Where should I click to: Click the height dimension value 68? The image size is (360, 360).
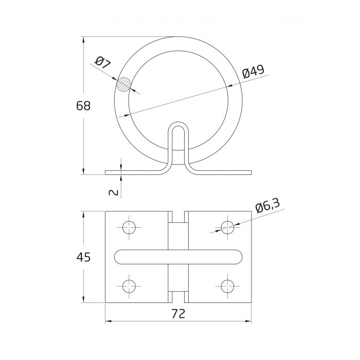pos(83,106)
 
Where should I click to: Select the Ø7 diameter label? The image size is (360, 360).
pos(103,62)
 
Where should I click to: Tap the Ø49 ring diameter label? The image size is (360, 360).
pos(253,71)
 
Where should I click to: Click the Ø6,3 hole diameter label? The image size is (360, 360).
pos(267,206)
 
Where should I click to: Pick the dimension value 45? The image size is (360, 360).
pos(83,257)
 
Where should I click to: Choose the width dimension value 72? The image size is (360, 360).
pos(178,314)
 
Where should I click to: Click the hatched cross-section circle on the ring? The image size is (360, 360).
pos(124,84)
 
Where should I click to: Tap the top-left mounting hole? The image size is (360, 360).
pos(129,227)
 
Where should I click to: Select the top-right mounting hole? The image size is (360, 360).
pos(227,227)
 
